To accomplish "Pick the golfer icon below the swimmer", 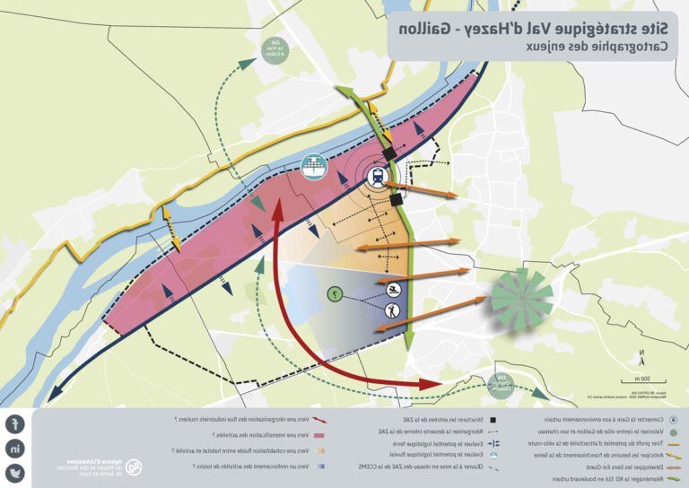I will click(392, 312).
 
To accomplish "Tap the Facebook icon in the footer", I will click(16, 424).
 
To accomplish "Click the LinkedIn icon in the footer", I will click(16, 449).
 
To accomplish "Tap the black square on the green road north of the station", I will click(386, 152).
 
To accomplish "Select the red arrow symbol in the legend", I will click(319, 419).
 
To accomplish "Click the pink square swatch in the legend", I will click(319, 434).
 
